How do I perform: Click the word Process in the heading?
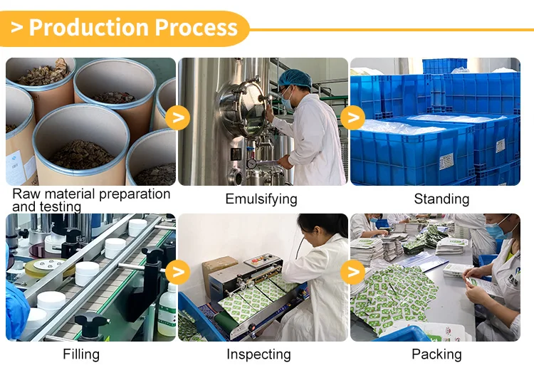coord(196,28)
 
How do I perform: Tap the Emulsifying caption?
coord(261,199)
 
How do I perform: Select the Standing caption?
coord(441,199)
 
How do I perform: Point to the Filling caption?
coord(81,354)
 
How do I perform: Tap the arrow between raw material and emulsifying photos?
coord(177,117)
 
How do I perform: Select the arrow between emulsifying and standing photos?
coord(352,117)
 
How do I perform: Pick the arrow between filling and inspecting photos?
coord(177,271)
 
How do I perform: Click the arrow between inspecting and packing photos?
coord(352,271)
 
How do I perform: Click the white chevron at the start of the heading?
coord(17,28)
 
